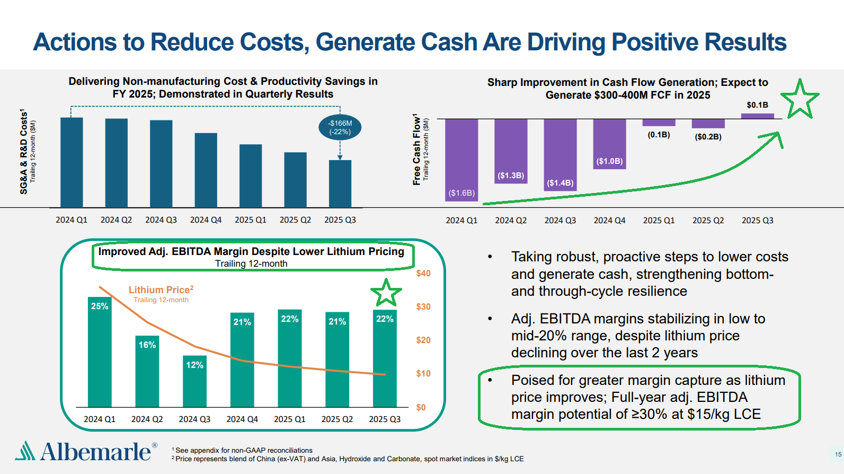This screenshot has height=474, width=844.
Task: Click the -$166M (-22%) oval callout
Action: (340, 127)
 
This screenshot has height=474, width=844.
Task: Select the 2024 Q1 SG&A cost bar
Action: (72, 162)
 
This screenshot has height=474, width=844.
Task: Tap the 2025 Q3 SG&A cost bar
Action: (340, 183)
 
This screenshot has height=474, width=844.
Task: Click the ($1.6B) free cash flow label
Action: (461, 193)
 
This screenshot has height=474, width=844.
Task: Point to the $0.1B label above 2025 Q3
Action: (757, 105)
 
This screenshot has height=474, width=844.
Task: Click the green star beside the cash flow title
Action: (799, 99)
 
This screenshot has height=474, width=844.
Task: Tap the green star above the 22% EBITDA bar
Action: (386, 293)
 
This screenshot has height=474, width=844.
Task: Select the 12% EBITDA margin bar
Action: (194, 382)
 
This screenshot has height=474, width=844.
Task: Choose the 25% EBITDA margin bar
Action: (100, 353)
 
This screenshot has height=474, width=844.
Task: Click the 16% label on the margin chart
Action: (147, 345)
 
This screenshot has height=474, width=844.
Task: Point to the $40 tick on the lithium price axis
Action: (423, 274)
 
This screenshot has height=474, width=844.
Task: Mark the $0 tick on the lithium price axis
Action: (421, 408)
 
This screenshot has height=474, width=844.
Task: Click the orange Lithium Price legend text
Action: (161, 290)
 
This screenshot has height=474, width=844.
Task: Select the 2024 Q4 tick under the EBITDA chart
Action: (242, 419)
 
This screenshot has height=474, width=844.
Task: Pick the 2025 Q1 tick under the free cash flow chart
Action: (659, 221)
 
